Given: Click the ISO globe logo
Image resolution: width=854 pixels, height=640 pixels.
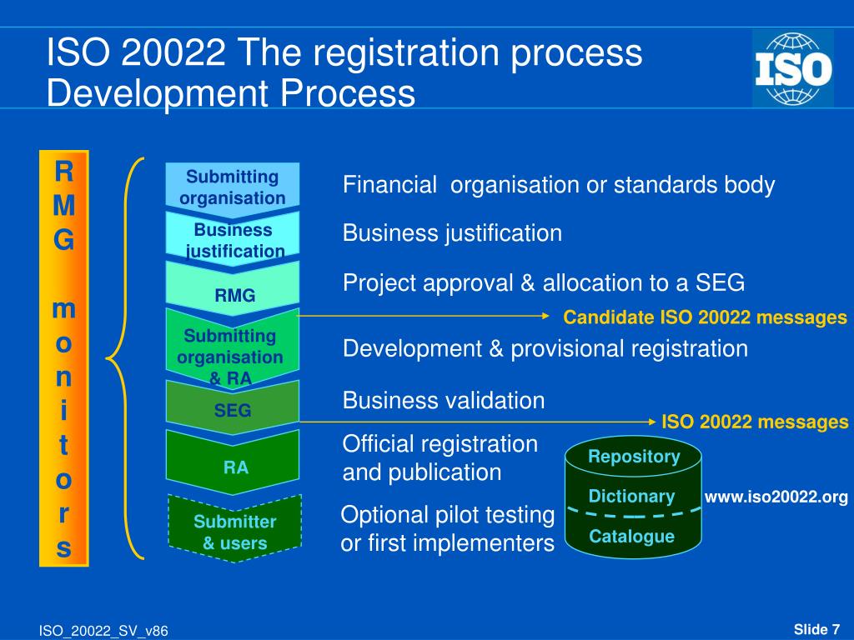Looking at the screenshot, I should click(792, 68).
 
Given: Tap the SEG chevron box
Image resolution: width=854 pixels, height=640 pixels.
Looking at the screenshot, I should click(233, 407).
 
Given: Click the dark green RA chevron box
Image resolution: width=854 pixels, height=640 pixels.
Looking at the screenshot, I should click(233, 465).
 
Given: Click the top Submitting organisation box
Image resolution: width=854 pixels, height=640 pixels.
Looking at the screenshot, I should click(233, 187).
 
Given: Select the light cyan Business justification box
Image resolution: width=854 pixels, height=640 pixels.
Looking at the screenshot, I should click(233, 239).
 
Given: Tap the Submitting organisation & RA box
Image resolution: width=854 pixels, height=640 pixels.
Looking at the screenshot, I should click(233, 353).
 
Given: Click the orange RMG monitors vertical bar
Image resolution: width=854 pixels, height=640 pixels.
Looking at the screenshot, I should click(63, 358).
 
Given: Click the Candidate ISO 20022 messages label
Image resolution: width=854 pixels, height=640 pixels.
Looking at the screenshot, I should click(705, 317).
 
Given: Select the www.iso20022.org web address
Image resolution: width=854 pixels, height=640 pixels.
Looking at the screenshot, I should click(776, 497).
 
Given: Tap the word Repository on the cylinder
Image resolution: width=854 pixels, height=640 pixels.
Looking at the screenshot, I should click(634, 457).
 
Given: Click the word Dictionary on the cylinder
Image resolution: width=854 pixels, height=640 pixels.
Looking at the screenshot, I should click(631, 497).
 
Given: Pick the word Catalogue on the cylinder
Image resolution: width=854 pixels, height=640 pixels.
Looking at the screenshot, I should click(631, 537).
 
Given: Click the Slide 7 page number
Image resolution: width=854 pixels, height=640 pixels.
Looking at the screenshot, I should click(816, 628).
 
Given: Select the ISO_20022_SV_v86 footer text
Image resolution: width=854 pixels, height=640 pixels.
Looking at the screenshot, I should click(103, 631).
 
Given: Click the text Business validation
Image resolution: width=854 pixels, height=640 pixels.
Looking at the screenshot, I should click(443, 401).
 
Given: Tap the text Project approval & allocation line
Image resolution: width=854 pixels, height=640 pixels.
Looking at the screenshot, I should click(543, 283).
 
